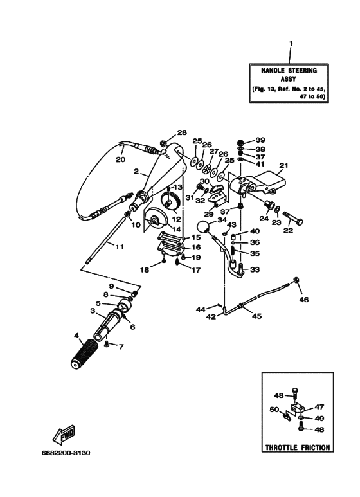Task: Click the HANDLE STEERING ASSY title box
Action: [289, 83]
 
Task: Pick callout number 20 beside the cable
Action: [120, 160]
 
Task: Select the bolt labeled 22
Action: [296, 223]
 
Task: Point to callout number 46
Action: [304, 300]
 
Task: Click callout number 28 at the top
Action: [182, 132]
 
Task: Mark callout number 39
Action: [260, 140]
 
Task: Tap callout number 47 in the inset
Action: [319, 407]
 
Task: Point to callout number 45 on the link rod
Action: [256, 316]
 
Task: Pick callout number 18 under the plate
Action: [145, 270]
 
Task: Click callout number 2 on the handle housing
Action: [136, 172]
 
